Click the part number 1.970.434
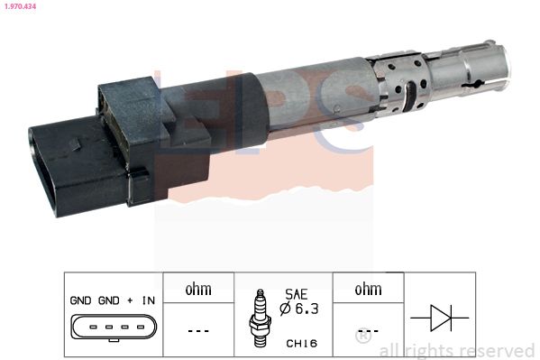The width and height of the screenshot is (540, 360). click(19, 6)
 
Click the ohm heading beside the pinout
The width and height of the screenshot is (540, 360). click(197, 290)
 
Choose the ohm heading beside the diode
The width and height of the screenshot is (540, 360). click(367, 290)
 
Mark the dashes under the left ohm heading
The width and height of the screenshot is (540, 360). click(197, 329)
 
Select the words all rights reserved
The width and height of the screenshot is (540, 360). click(457, 350)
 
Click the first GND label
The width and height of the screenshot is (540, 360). click(80, 301)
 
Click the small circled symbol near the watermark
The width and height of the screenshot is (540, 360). click(362, 337)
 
